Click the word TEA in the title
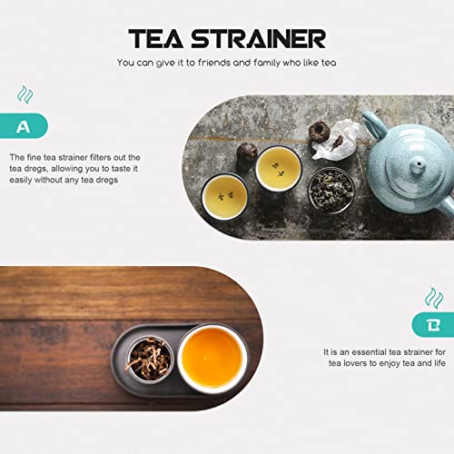(156, 39)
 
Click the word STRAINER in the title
(258, 39)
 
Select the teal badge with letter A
(24, 126)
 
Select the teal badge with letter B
(433, 325)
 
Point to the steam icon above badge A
(25, 94)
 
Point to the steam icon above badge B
(434, 298)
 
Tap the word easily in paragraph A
(21, 180)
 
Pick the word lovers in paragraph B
(355, 363)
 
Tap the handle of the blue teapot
(374, 123)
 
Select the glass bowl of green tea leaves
(331, 191)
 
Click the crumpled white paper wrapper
(336, 139)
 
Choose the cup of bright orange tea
(212, 358)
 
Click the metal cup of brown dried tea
(150, 359)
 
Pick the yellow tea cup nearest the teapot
(279, 168)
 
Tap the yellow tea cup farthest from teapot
(225, 197)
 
